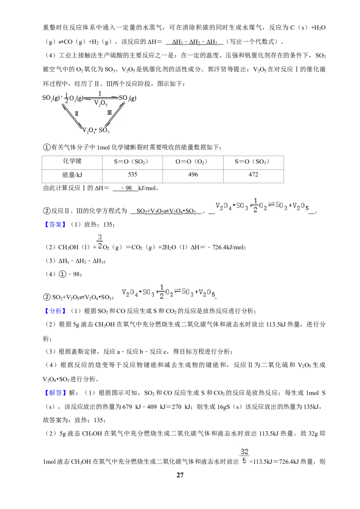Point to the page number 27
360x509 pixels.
click(x=180, y=475)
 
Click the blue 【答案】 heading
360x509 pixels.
click(x=55, y=225)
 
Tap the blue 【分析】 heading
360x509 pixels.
click(x=55, y=311)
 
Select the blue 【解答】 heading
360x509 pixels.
click(x=55, y=393)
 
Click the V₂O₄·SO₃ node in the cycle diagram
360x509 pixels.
click(x=96, y=130)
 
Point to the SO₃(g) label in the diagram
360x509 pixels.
click(x=128, y=98)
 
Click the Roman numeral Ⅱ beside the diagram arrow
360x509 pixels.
click(x=76, y=114)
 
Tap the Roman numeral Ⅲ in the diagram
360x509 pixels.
click(x=109, y=113)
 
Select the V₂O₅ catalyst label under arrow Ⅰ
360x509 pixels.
click(x=101, y=103)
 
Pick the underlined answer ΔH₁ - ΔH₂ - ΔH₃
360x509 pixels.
click(x=194, y=42)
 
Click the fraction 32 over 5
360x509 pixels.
click(x=245, y=456)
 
